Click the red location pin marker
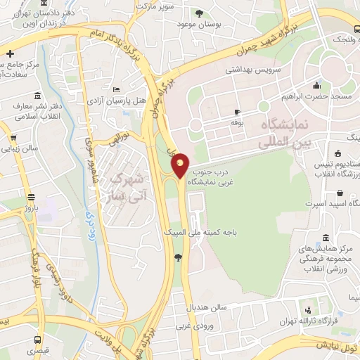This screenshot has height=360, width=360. (x=181, y=165)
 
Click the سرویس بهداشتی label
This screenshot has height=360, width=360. (x=254, y=70)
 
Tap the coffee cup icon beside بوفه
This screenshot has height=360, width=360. (x=237, y=112)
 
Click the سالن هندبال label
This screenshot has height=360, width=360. (x=204, y=308)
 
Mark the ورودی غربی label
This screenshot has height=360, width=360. (x=193, y=326)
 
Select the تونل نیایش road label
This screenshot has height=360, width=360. (x=337, y=345)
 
